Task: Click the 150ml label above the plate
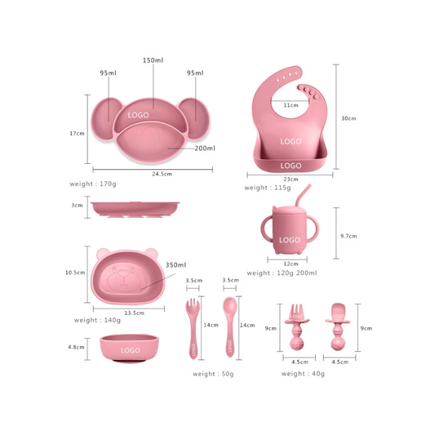pos(153,60)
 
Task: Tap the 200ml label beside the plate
pos(203,149)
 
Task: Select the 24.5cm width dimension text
pos(153,174)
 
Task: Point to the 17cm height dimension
pos(77,133)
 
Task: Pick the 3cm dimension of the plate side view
pos(77,206)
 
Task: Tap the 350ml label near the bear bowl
pos(175,265)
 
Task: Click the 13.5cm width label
pos(134,313)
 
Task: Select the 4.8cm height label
pos(77,347)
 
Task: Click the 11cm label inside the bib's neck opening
pos(290,105)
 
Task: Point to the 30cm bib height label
pos(348,118)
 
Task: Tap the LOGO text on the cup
pos(290,240)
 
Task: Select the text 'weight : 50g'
pos(213,374)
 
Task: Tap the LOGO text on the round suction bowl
pos(131,349)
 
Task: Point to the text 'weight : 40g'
pos(303,374)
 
